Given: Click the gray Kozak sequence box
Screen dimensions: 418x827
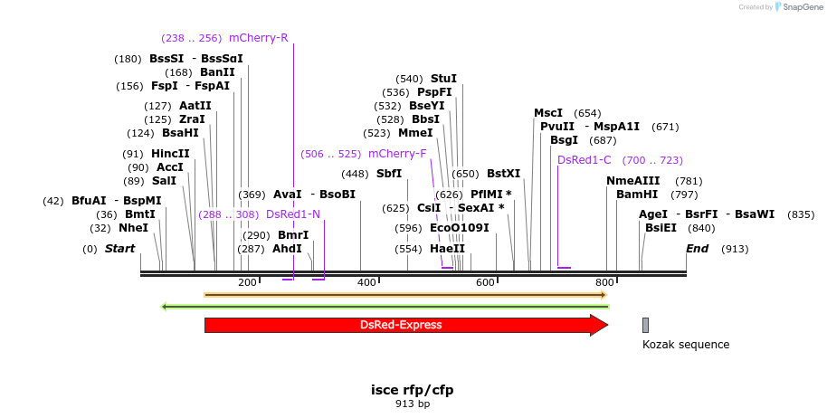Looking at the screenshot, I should click(645, 325).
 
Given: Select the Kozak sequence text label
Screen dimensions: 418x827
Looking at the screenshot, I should click(685, 345).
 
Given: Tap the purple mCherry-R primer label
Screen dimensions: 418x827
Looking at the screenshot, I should click(258, 38).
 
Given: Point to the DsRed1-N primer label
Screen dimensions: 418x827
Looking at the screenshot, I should click(292, 214).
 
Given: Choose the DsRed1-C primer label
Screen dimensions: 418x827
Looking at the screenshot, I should click(585, 159).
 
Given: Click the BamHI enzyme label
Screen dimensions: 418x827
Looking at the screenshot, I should click(637, 195).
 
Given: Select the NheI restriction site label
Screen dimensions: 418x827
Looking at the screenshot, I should click(133, 228).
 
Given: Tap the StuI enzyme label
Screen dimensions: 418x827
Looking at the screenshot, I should click(443, 79).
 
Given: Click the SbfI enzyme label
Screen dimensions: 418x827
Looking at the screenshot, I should click(389, 174).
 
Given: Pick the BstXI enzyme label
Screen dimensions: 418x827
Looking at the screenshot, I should click(504, 174).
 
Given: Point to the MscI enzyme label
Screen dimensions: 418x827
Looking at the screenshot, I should click(548, 113).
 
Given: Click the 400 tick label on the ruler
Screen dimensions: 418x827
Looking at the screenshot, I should click(366, 283).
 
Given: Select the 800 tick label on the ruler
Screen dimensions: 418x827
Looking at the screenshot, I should click(604, 283).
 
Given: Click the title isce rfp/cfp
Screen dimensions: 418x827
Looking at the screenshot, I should click(412, 390).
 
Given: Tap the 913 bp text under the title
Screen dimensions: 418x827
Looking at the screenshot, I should click(412, 404).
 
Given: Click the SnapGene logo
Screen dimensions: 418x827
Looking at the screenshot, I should click(796, 7).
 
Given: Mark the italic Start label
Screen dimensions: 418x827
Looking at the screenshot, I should click(119, 249).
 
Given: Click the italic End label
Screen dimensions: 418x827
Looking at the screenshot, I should click(697, 249).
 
